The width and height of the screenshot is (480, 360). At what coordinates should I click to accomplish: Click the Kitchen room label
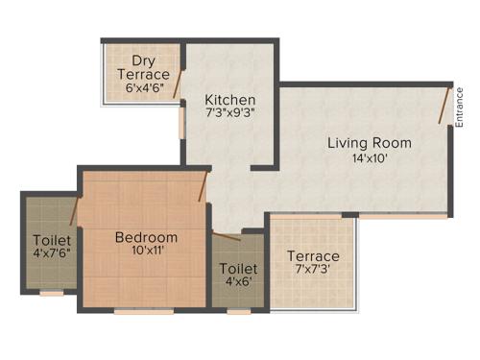[230, 99]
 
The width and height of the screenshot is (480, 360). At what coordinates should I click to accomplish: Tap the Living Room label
[370, 144]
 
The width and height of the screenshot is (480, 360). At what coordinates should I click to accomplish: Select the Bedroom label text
[146, 237]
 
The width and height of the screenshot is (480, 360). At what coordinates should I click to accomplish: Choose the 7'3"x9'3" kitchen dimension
[230, 112]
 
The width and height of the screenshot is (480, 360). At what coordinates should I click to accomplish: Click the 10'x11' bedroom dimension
[146, 252]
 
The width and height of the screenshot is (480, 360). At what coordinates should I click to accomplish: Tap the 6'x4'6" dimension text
[144, 88]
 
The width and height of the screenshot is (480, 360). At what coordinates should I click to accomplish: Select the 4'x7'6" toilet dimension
[51, 254]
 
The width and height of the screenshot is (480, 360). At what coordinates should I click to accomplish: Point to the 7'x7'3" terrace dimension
[313, 271]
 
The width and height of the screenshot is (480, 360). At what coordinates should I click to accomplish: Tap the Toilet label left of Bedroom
[51, 240]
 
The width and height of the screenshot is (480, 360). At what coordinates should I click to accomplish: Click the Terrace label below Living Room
[313, 256]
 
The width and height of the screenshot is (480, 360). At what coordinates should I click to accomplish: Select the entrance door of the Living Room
[444, 106]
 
